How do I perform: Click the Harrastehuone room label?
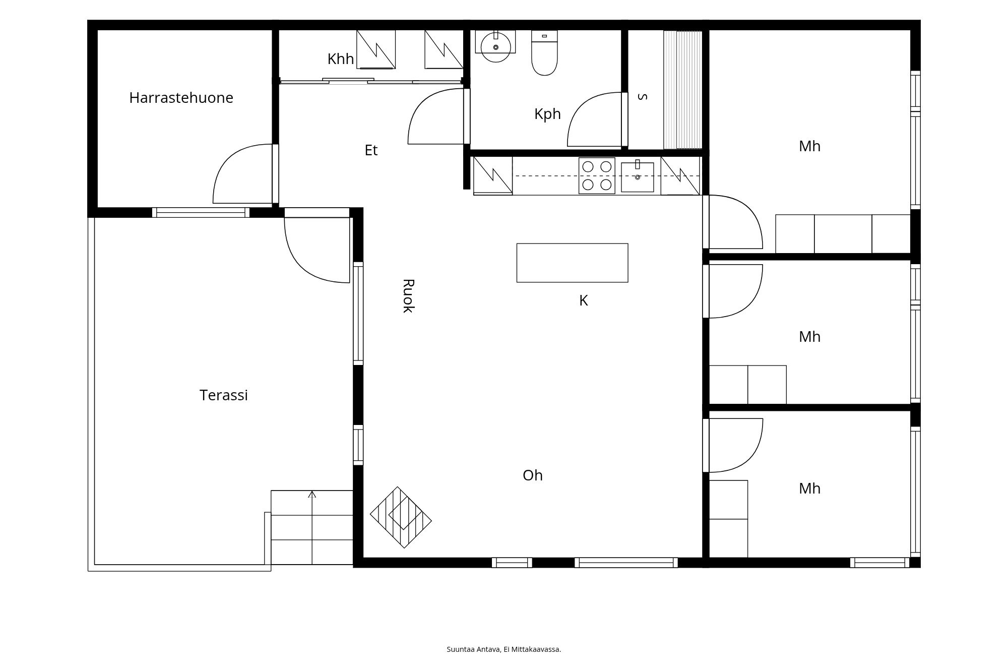(181, 98)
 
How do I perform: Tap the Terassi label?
(224, 395)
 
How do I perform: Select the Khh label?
(341, 59)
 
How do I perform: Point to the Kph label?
(547, 114)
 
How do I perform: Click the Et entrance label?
(371, 150)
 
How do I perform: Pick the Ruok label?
(408, 296)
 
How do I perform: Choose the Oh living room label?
(533, 475)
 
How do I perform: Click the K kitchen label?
(583, 300)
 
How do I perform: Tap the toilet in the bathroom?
(544, 53)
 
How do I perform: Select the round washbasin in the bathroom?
(496, 47)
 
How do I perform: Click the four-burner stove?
(597, 176)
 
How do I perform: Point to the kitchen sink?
(638, 177)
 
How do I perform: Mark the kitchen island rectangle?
(573, 263)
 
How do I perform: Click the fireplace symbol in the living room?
(401, 517)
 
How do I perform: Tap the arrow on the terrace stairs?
(312, 528)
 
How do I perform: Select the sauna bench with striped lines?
(682, 90)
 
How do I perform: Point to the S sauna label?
(643, 96)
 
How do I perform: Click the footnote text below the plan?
(504, 649)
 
